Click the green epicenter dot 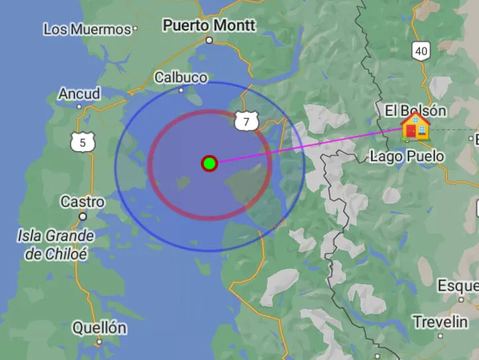[x=210, y=163]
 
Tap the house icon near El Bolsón [x=416, y=126]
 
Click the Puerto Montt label [x=209, y=25]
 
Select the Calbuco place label [x=181, y=77]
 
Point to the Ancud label [x=79, y=94]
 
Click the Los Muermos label [x=87, y=29]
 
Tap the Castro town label [x=82, y=202]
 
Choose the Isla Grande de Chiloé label [x=56, y=244]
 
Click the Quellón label [x=98, y=327]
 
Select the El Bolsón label [x=416, y=110]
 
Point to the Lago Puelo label [x=406, y=156]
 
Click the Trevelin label [x=440, y=322]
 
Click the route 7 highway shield [x=246, y=121]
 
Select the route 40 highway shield [x=420, y=51]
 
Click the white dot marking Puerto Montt [x=209, y=40]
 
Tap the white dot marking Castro [x=83, y=216]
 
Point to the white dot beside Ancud [x=80, y=106]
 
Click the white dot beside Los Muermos [x=135, y=29]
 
